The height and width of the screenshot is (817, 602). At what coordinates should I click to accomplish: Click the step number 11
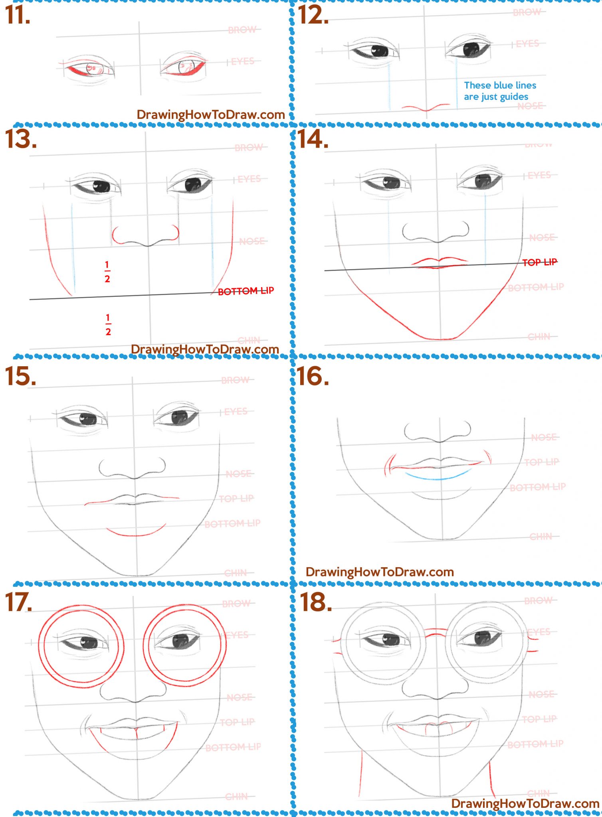click(x=18, y=16)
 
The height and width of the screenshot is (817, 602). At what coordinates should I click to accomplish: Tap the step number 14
click(x=313, y=140)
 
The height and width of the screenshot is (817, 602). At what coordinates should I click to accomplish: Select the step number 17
click(x=18, y=602)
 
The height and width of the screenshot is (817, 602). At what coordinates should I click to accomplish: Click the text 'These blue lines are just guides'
click(x=499, y=91)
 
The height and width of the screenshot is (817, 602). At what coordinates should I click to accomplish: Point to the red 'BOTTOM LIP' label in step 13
click(x=246, y=291)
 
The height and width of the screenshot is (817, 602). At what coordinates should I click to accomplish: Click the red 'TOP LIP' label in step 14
click(x=539, y=262)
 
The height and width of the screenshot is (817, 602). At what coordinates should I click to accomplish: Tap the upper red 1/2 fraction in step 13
click(x=107, y=272)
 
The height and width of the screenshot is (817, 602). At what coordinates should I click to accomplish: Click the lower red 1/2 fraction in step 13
click(x=108, y=325)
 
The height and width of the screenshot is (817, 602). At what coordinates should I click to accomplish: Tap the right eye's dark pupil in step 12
click(x=471, y=49)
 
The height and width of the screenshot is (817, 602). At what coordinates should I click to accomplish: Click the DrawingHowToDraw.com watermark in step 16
click(x=379, y=572)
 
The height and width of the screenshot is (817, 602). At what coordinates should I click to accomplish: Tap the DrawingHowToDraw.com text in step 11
click(x=210, y=114)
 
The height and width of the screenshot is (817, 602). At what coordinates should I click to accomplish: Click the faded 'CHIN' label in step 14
click(x=539, y=337)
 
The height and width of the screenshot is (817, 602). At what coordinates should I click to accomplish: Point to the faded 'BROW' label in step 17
click(x=236, y=604)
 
